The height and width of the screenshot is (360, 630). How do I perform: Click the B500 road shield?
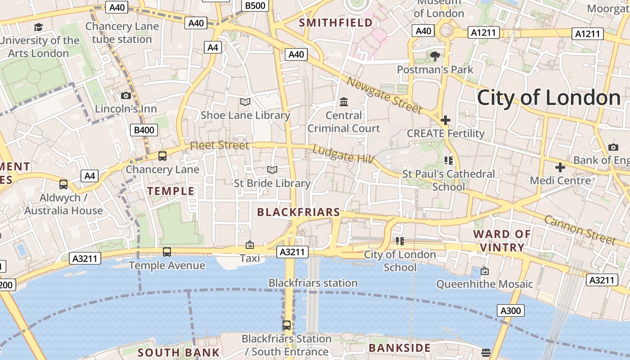255,5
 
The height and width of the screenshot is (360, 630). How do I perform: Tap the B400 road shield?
144,130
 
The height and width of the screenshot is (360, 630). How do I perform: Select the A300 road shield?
511,310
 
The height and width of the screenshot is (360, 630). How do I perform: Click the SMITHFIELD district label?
336,22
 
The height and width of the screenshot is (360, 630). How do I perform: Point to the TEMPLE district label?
171,191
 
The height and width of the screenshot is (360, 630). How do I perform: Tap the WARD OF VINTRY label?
502,241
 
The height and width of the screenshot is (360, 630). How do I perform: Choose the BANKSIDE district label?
400,348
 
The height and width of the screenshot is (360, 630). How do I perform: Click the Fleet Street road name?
219,145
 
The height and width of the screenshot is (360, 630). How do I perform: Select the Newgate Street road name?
385,95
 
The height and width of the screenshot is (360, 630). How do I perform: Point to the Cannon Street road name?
579,229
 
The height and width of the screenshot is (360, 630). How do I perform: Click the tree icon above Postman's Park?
435,56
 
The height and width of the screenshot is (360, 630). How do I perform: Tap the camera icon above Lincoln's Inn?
126,95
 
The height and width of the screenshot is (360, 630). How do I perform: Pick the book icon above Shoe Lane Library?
245,102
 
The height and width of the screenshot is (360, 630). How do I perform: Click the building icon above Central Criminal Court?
344,102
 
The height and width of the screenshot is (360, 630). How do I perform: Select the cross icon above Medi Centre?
560,167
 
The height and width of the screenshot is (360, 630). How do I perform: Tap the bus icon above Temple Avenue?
167,252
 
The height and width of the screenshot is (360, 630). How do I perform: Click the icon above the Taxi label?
250,245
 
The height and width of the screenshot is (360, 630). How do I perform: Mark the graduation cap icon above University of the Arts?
39,27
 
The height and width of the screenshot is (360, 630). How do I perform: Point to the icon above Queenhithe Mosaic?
484,271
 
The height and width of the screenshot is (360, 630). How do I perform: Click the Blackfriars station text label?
313,283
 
